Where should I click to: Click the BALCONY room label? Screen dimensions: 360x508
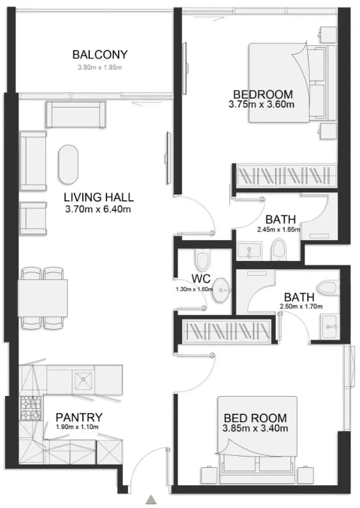tap(100, 55)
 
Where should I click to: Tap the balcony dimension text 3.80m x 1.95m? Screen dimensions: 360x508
tap(99, 67)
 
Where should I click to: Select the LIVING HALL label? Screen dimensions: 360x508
tap(99, 197)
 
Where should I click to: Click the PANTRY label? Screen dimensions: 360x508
tap(79, 417)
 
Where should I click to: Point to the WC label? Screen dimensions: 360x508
tap(201, 278)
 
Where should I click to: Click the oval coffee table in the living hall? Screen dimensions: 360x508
tap(68, 164)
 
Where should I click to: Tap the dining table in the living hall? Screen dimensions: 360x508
tap(43, 298)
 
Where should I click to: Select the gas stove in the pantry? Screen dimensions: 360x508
tap(31, 408)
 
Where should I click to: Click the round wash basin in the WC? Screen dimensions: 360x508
tap(221, 289)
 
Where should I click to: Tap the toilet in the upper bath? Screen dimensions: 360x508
tap(278, 249)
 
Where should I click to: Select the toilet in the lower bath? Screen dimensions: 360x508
tap(327, 287)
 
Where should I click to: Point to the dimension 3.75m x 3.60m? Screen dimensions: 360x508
tap(261, 104)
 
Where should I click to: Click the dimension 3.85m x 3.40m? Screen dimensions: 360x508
tap(256, 428)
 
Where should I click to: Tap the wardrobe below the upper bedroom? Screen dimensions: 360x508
tap(286, 176)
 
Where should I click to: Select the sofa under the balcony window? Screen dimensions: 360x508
tap(76, 115)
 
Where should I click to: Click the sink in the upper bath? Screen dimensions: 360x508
tap(250, 250)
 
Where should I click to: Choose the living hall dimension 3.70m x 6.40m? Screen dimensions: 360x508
tap(98, 209)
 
